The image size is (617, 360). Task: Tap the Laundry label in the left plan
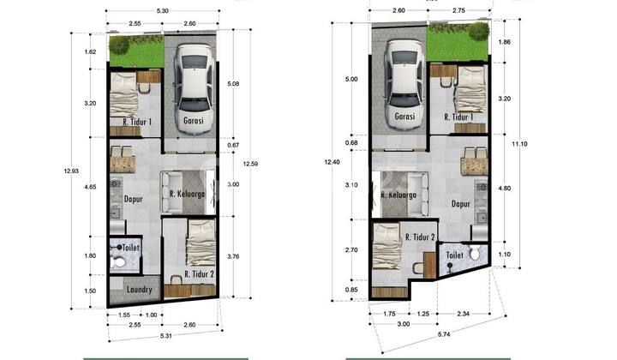coord(138,290)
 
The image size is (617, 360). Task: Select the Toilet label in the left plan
coord(131,248)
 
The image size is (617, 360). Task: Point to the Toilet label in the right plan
coord(455,255)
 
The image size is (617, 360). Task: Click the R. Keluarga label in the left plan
coord(185,194)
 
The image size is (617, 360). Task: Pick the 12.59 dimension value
coord(249,165)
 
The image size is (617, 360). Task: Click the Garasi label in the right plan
coord(404,116)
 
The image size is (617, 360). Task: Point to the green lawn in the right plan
coord(458,39)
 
